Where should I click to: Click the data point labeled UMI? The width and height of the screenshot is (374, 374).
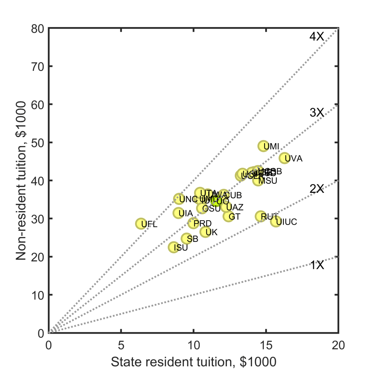pos(263,146)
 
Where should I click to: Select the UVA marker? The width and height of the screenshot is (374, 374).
pos(285,158)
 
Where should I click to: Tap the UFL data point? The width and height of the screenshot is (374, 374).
pos(141,224)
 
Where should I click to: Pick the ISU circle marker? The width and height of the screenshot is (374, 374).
pos(174,247)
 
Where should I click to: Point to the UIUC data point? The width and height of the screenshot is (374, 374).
pos(276,221)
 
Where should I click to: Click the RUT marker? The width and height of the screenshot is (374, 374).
pos(261,216)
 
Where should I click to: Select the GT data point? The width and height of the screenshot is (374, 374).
pos(229,216)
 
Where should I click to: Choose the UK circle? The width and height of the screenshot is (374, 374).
pos(206,232)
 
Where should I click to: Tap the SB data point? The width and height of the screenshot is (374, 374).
pos(187,239)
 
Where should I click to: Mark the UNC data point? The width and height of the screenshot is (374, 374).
pos(179,199)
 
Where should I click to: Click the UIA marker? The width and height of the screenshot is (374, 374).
pos(178,213)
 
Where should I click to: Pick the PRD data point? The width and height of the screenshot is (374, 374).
pos(194,223)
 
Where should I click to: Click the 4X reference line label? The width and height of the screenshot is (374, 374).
pos(317,36)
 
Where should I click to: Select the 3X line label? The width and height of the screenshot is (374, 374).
pos(317,113)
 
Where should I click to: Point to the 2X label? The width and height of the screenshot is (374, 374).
pos(317,189)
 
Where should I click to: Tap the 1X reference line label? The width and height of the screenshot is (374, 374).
pos(317,265)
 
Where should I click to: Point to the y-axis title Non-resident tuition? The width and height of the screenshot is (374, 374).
pos(22,180)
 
